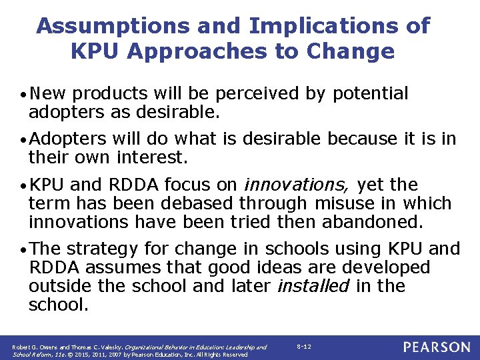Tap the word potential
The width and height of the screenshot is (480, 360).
367,95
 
